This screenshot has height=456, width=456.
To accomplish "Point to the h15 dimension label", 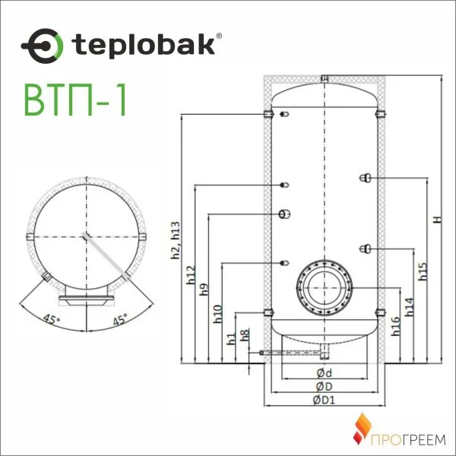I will click(423, 271).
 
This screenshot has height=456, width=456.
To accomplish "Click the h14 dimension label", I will click(410, 306).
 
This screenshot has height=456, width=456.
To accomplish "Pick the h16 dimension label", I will click(396, 326).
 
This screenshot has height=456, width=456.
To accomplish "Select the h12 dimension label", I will click(190, 275).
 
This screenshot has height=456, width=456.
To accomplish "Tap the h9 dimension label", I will click(204, 290).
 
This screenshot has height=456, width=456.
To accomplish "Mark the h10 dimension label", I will click(217, 313).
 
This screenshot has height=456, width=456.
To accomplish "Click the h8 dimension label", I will click(244, 334).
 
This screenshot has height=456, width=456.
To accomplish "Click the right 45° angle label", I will click(120, 318).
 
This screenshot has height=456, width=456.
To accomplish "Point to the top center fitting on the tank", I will click(325, 78).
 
